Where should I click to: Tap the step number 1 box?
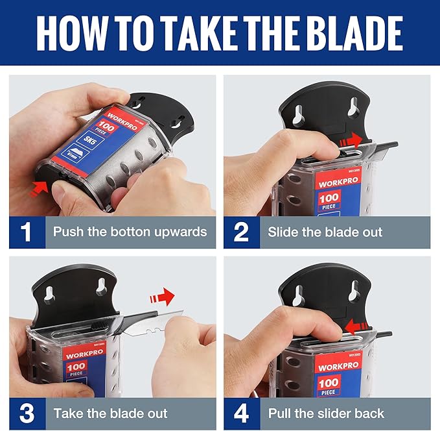click(27, 232)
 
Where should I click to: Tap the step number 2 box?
click(241, 232)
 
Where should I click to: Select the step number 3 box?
click(27, 413)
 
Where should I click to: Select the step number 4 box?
click(241, 413)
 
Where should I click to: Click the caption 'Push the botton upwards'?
click(130, 232)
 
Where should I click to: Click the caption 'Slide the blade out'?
click(325, 232)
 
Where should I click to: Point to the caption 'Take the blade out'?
click(110, 413)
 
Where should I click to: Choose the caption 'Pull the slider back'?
click(326, 413)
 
